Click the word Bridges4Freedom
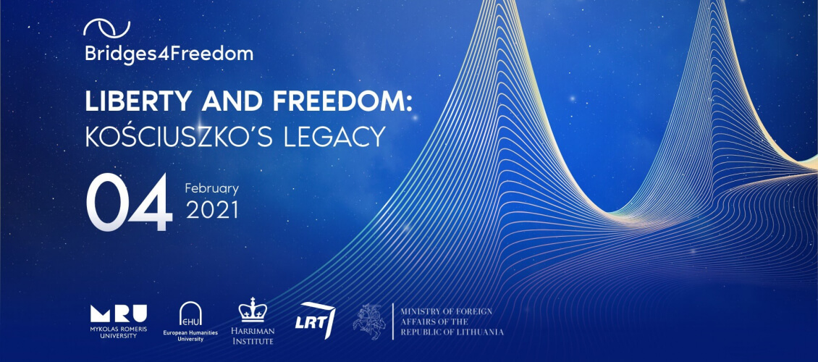coord(169,54)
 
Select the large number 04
coord(129,203)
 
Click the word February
coord(212,189)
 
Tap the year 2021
coord(212,210)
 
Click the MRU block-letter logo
coord(119,313)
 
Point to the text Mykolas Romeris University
coord(119,332)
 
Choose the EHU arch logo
coord(190,314)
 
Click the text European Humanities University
coord(190,336)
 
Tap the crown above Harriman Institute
coord(253,310)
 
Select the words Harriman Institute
coord(253,336)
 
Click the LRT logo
coord(316,321)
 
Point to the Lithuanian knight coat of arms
coord(369,321)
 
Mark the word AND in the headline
coord(227,101)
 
